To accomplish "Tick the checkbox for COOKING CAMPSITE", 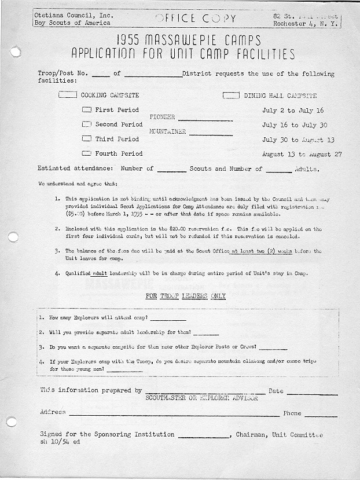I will click(x=68, y=95).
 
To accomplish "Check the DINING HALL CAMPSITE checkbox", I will click(x=232, y=95).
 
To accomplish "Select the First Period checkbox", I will click(x=87, y=109).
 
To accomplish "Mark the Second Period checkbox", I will click(x=87, y=124).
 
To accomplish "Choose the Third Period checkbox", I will click(x=87, y=139).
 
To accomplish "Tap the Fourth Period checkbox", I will click(x=87, y=153).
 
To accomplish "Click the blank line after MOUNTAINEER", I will click(x=211, y=134).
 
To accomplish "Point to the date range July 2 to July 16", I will click(x=293, y=110).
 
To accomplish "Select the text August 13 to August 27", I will click(x=302, y=155).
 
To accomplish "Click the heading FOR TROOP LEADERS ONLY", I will click(x=185, y=296).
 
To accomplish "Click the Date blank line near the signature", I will click(x=312, y=393).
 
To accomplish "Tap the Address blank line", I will click(x=174, y=415).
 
